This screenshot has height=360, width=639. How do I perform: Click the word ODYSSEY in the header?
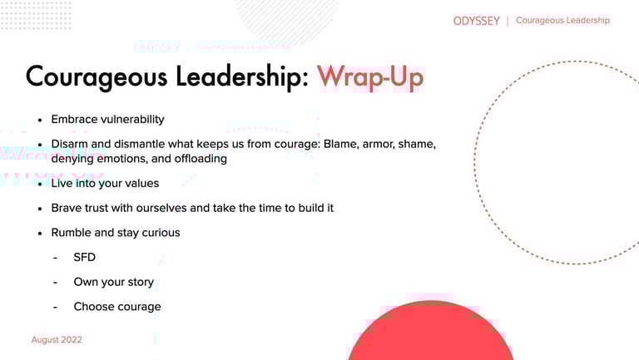coord(477,21)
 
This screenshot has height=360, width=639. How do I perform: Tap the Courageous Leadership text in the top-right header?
coord(562,20)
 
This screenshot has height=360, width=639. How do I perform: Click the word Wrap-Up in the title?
coord(370,76)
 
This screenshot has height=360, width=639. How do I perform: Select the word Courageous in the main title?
coord(97,76)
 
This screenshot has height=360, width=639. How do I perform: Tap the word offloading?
coord(201,159)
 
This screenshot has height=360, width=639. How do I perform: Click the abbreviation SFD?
coord(84,258)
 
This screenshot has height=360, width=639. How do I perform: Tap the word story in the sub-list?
coord(141,282)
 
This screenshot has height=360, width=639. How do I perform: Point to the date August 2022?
coord(57,340)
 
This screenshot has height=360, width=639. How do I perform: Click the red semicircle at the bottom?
coord(430,332)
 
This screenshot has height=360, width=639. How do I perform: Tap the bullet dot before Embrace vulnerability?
coord(40,120)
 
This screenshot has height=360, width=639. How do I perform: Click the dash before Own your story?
coord(56,282)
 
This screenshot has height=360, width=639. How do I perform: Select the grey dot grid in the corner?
coord(36,15)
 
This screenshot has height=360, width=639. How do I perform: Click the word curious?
coord(161,233)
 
